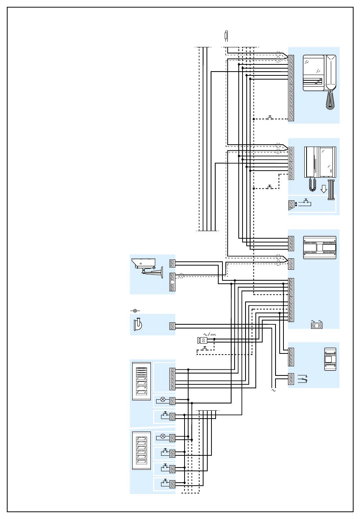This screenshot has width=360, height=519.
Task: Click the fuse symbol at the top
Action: tap(227, 36)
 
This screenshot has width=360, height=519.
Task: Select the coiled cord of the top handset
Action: tap(330, 100)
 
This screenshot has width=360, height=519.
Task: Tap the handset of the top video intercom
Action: tap(330, 72)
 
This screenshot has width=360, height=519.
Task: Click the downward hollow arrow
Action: tap(324, 188)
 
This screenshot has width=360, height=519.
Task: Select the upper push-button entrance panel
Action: tap(141, 381)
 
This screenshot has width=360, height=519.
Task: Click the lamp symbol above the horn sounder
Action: tap(135, 311)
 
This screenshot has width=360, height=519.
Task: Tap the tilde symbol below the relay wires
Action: tap(274, 390)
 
